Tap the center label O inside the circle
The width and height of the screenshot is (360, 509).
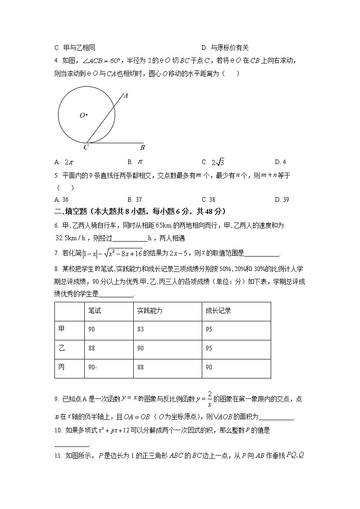pos(83,116)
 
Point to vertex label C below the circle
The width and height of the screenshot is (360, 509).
pos(86,147)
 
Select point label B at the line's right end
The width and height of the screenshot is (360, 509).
pos(142,147)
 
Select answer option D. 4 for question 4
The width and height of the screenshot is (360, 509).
pos(280,162)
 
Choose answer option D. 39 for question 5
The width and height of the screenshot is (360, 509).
pos(282,199)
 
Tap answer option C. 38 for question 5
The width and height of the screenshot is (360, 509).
pos(208,199)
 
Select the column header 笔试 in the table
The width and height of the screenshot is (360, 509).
pos(94,310)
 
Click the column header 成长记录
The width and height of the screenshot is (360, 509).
pos(218,310)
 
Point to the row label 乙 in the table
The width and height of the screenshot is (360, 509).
pos(62,348)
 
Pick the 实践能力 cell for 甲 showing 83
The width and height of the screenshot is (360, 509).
pos(140,330)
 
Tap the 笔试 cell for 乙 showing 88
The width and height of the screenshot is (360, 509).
pos(92,348)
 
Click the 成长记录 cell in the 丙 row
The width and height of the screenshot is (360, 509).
pos(209,367)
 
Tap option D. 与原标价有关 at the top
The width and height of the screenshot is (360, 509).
pos(225,48)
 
